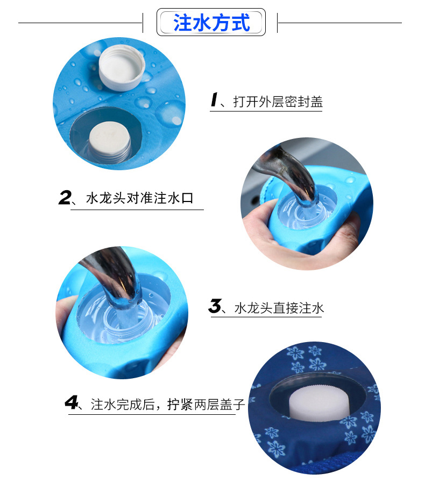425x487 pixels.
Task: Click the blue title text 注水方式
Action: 211,23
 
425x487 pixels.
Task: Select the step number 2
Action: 65,198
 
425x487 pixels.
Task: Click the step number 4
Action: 71,402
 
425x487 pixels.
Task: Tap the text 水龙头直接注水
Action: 279,308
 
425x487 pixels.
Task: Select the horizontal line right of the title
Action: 339,23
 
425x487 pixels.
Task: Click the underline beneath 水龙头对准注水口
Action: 137,210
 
